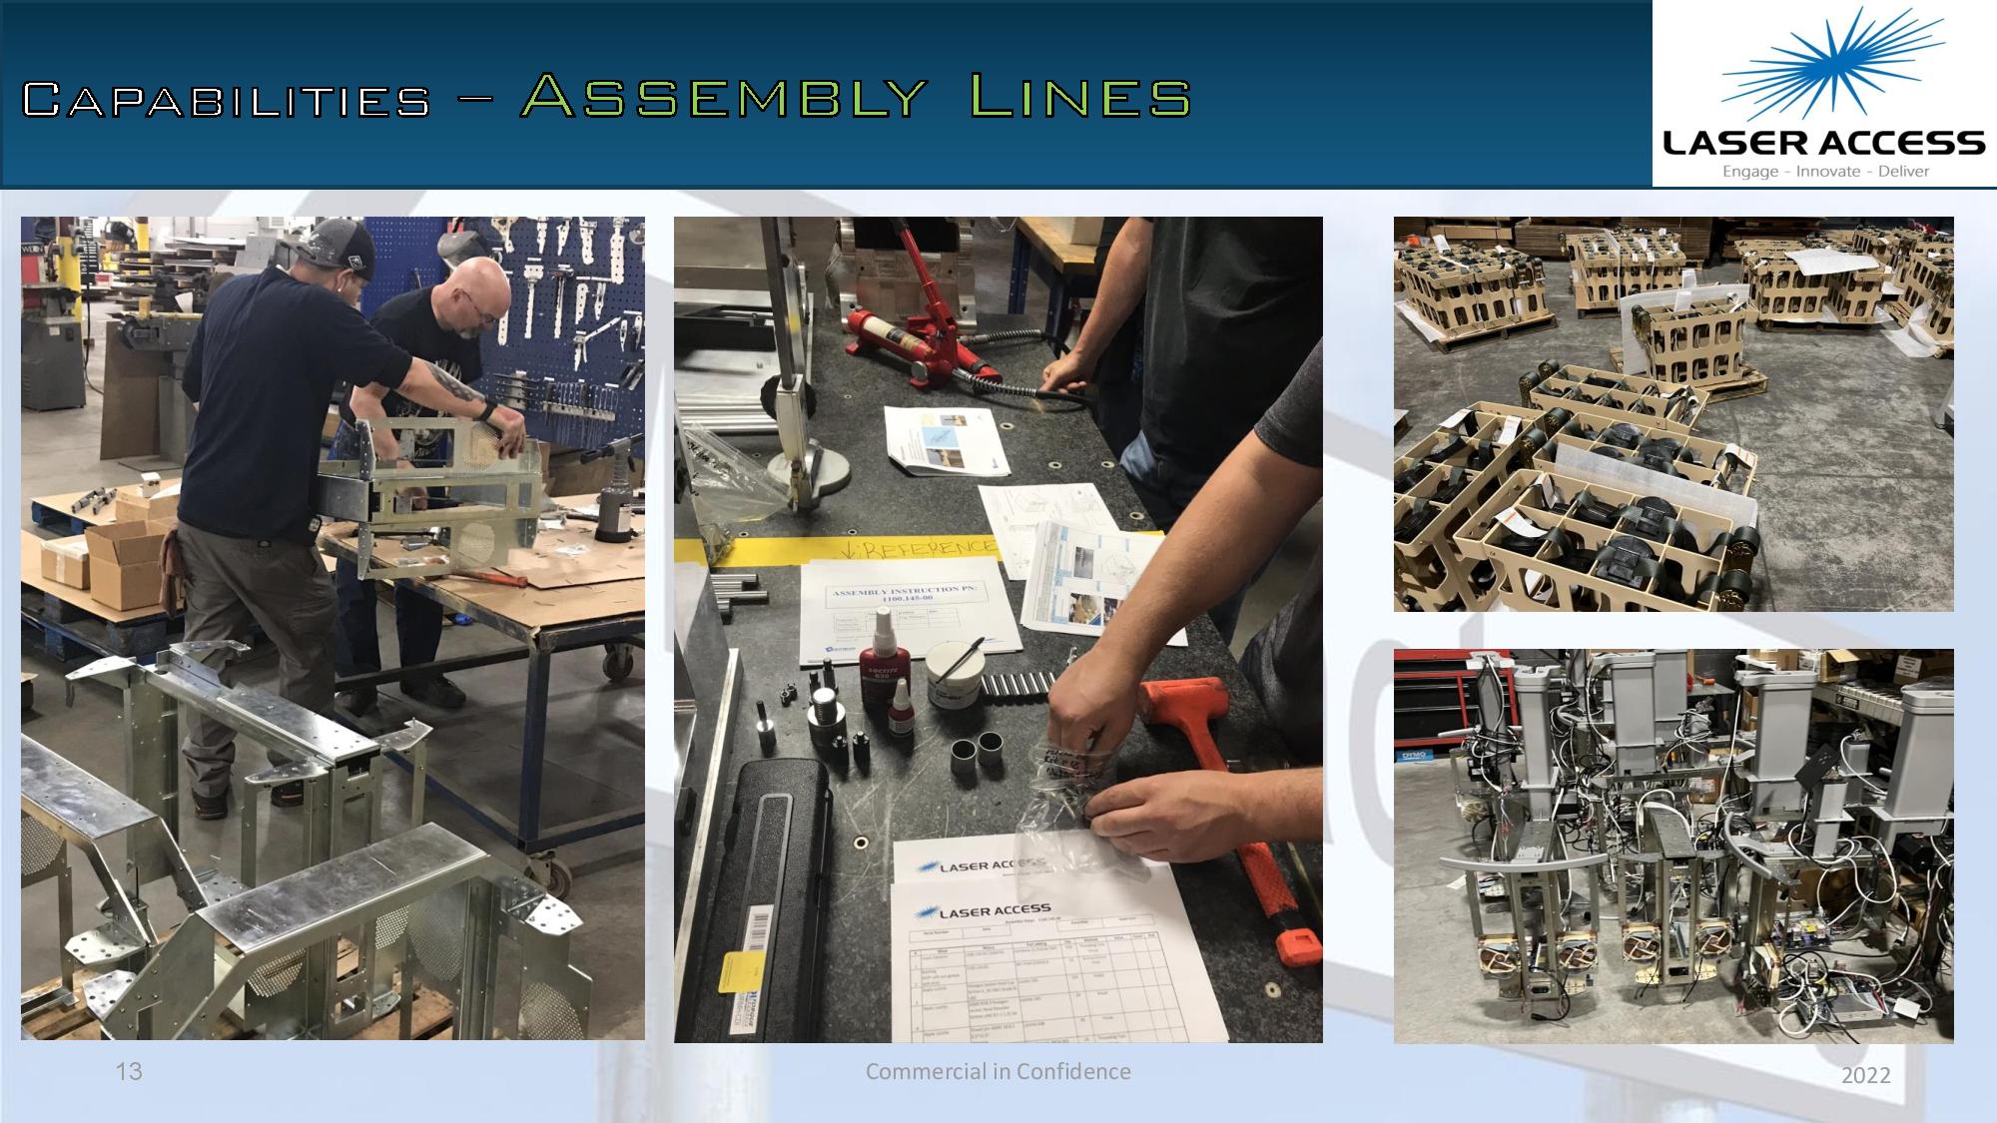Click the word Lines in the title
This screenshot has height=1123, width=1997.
coord(1080,97)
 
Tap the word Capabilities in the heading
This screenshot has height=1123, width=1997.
coord(226,100)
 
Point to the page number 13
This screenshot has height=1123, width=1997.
coord(129,1072)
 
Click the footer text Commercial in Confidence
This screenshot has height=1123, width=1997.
coord(998,1071)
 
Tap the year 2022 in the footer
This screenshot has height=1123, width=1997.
coord(1865,1075)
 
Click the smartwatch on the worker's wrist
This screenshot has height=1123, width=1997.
coord(487,408)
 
